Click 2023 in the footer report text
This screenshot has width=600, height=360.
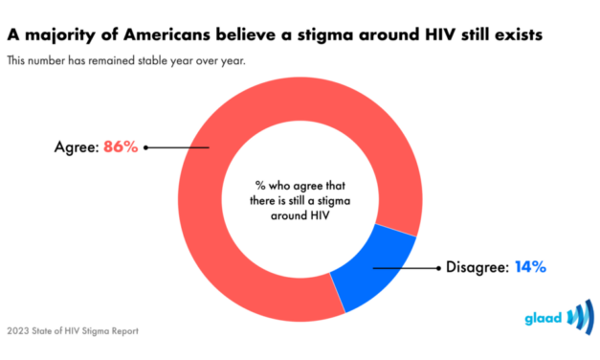[x=19, y=332]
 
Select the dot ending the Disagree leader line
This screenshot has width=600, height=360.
[x=373, y=267]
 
